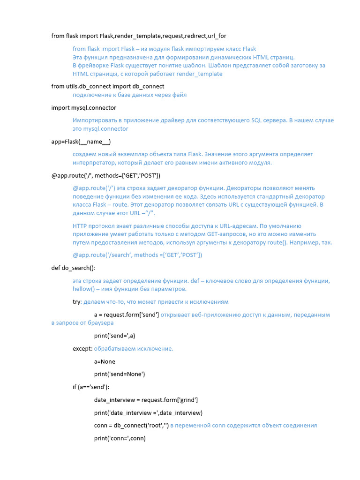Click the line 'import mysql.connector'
click(83, 108)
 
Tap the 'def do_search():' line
click(73, 268)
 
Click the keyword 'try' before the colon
click(76, 302)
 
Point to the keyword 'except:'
click(82, 349)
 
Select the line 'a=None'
click(105, 361)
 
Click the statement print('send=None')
click(120, 374)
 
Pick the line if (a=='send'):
click(90, 387)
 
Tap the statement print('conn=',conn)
click(120, 438)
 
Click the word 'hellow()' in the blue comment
click(83, 289)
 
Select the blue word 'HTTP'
click(80, 225)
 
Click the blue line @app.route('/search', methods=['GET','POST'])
click(137, 255)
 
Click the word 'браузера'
click(100, 323)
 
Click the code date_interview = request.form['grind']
click(146, 400)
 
